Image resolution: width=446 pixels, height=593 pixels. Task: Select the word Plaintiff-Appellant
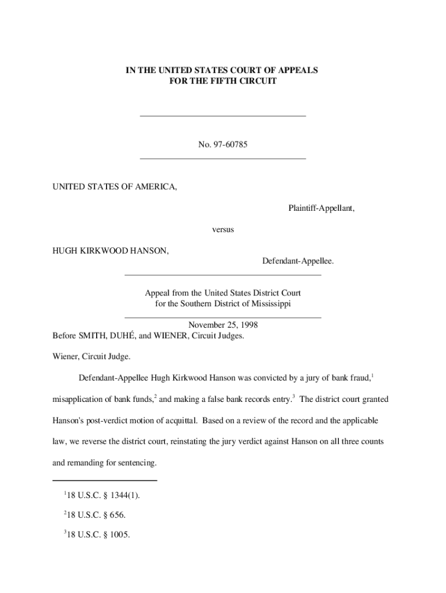[x=321, y=208]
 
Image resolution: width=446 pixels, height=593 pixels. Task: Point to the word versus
[x=223, y=230]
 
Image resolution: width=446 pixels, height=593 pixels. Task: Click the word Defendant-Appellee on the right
[x=298, y=262]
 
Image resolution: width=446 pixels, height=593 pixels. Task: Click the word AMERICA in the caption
[x=151, y=186]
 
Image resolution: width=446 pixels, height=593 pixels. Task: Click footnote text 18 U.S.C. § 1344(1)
[x=106, y=496]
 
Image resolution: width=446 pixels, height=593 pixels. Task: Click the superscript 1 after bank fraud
[x=372, y=376]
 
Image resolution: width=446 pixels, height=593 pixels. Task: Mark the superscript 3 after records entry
[x=294, y=397]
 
